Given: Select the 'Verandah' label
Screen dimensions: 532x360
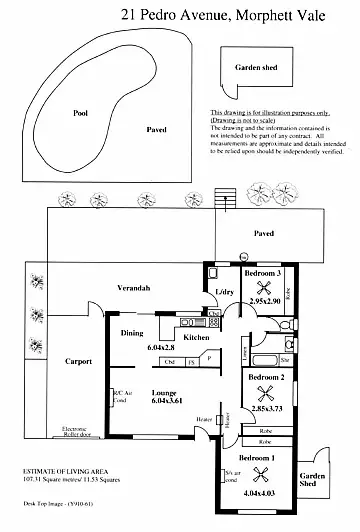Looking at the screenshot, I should click(133, 287).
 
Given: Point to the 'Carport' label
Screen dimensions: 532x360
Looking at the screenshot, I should click(76, 361).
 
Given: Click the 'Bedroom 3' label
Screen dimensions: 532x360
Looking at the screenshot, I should click(263, 272).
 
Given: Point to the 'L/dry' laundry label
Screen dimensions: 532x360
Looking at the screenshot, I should click(224, 291).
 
